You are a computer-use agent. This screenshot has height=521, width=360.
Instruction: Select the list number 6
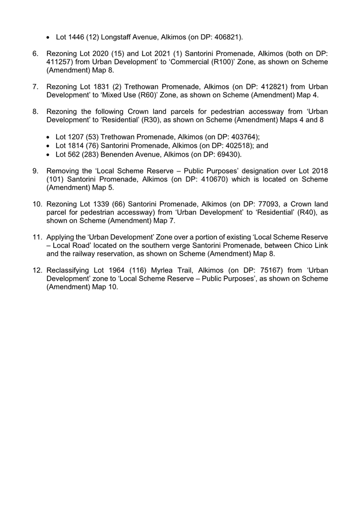[36, 54]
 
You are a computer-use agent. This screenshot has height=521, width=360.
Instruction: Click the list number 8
[36, 112]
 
